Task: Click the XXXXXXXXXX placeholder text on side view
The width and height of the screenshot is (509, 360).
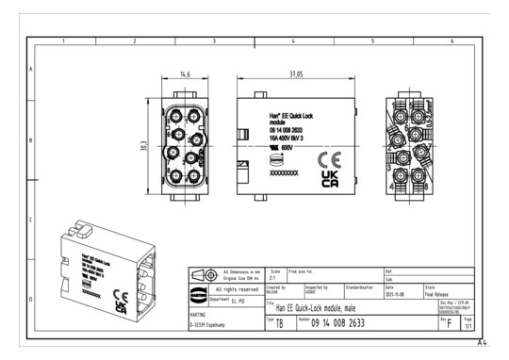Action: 284,174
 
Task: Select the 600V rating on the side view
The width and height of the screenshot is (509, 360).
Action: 286,148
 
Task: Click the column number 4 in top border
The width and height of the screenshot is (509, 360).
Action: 293,41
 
